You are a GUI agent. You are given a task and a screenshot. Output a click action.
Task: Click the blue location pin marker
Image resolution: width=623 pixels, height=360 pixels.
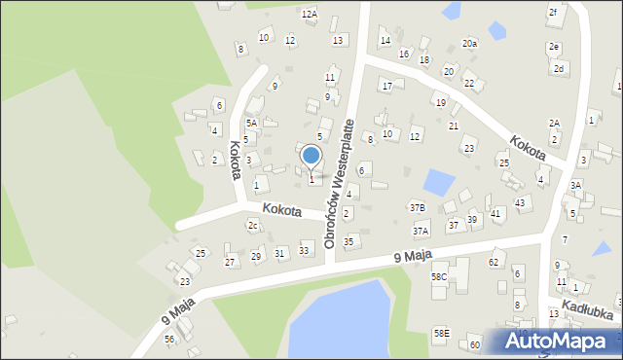[x=311, y=156]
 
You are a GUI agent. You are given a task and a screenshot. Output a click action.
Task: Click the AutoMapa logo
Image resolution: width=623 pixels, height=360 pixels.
[x=557, y=341]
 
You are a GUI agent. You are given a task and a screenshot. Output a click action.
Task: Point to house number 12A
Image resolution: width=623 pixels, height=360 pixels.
[x=310, y=14]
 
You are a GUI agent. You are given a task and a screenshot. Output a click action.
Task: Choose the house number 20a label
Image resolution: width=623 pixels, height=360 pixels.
[x=470, y=44]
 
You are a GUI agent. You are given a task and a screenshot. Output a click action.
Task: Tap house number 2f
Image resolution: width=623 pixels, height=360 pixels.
[x=553, y=12]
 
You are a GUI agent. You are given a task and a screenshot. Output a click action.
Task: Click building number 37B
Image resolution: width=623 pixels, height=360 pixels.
[x=417, y=207]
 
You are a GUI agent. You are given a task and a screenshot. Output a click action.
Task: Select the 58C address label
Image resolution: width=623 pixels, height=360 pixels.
[x=439, y=276]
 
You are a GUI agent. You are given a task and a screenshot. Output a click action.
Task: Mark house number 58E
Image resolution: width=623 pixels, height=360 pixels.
[x=442, y=333]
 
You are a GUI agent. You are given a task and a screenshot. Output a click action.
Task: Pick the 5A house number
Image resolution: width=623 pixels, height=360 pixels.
[x=251, y=123]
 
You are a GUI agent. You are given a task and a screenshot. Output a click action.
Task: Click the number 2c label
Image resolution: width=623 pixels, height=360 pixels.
[x=253, y=226]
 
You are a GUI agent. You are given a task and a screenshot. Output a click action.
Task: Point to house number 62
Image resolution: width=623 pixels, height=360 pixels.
[x=494, y=262]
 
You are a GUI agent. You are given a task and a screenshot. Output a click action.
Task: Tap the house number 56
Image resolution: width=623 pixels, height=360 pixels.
[x=169, y=339]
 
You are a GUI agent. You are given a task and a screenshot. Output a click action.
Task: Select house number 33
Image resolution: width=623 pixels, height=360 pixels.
[x=305, y=251]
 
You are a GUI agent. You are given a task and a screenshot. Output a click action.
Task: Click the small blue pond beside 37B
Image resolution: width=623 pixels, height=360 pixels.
[x=439, y=182]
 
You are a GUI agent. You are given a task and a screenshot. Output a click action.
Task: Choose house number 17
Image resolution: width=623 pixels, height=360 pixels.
[x=386, y=86]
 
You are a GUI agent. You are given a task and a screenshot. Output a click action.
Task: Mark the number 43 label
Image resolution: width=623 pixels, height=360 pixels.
[x=521, y=202]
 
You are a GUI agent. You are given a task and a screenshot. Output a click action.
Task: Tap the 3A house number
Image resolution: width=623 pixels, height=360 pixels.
[x=575, y=185]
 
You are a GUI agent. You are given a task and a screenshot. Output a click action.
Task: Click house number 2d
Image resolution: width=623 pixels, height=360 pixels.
[x=559, y=69]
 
